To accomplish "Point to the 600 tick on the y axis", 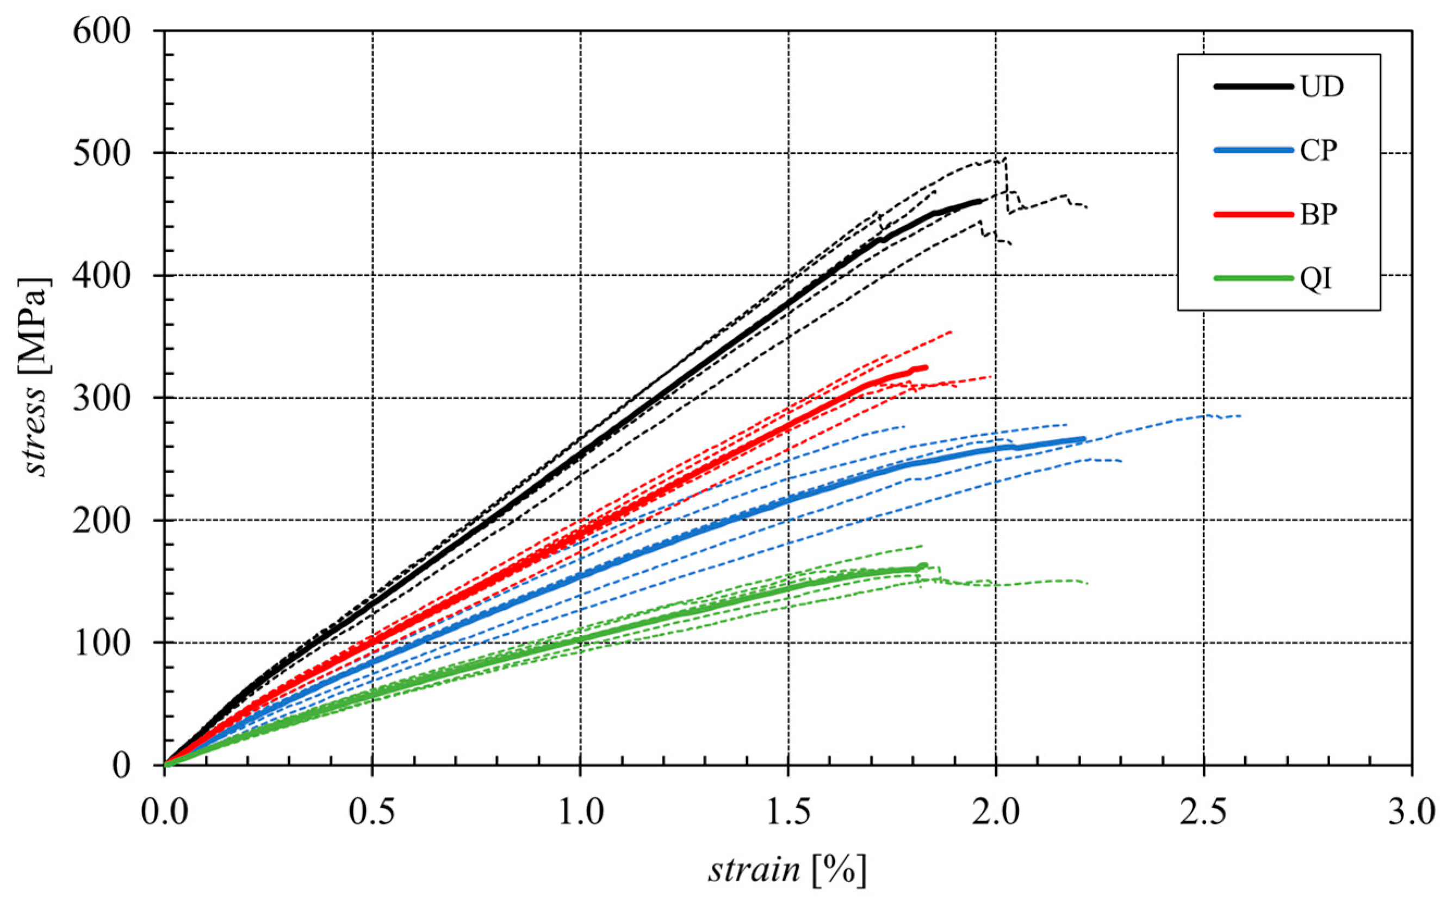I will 101,31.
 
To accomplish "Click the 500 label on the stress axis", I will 101,153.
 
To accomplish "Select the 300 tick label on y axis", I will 101,398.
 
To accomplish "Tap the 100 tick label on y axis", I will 101,643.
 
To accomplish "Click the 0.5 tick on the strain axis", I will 373,813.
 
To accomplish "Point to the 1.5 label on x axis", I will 788,813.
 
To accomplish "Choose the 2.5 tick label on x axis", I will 1203,813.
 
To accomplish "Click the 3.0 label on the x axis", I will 1411,813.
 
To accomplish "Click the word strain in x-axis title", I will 754,870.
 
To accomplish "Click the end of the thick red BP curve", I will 926,367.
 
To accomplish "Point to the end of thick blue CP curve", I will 1083,438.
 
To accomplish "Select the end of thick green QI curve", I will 924,565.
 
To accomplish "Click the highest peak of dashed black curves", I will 1005,158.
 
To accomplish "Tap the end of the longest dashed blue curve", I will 1240,416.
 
